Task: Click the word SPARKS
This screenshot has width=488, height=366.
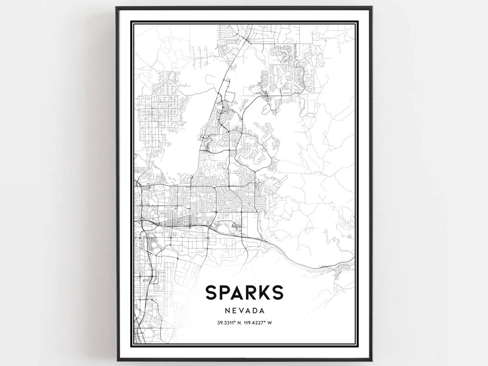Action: pyautogui.click(x=244, y=293)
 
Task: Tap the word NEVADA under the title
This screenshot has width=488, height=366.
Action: pyautogui.click(x=244, y=311)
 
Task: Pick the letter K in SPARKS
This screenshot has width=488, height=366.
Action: pyautogui.click(x=263, y=293)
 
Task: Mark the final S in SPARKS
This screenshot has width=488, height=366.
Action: pyautogui.click(x=277, y=293)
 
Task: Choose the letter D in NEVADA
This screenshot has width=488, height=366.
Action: pyautogui.click(x=255, y=311)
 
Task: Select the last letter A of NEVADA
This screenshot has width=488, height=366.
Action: pyautogui.click(x=262, y=311)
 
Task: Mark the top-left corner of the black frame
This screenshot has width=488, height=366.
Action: pyautogui.click(x=117, y=7)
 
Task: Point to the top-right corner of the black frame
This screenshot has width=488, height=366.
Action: pyautogui.click(x=371, y=7)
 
